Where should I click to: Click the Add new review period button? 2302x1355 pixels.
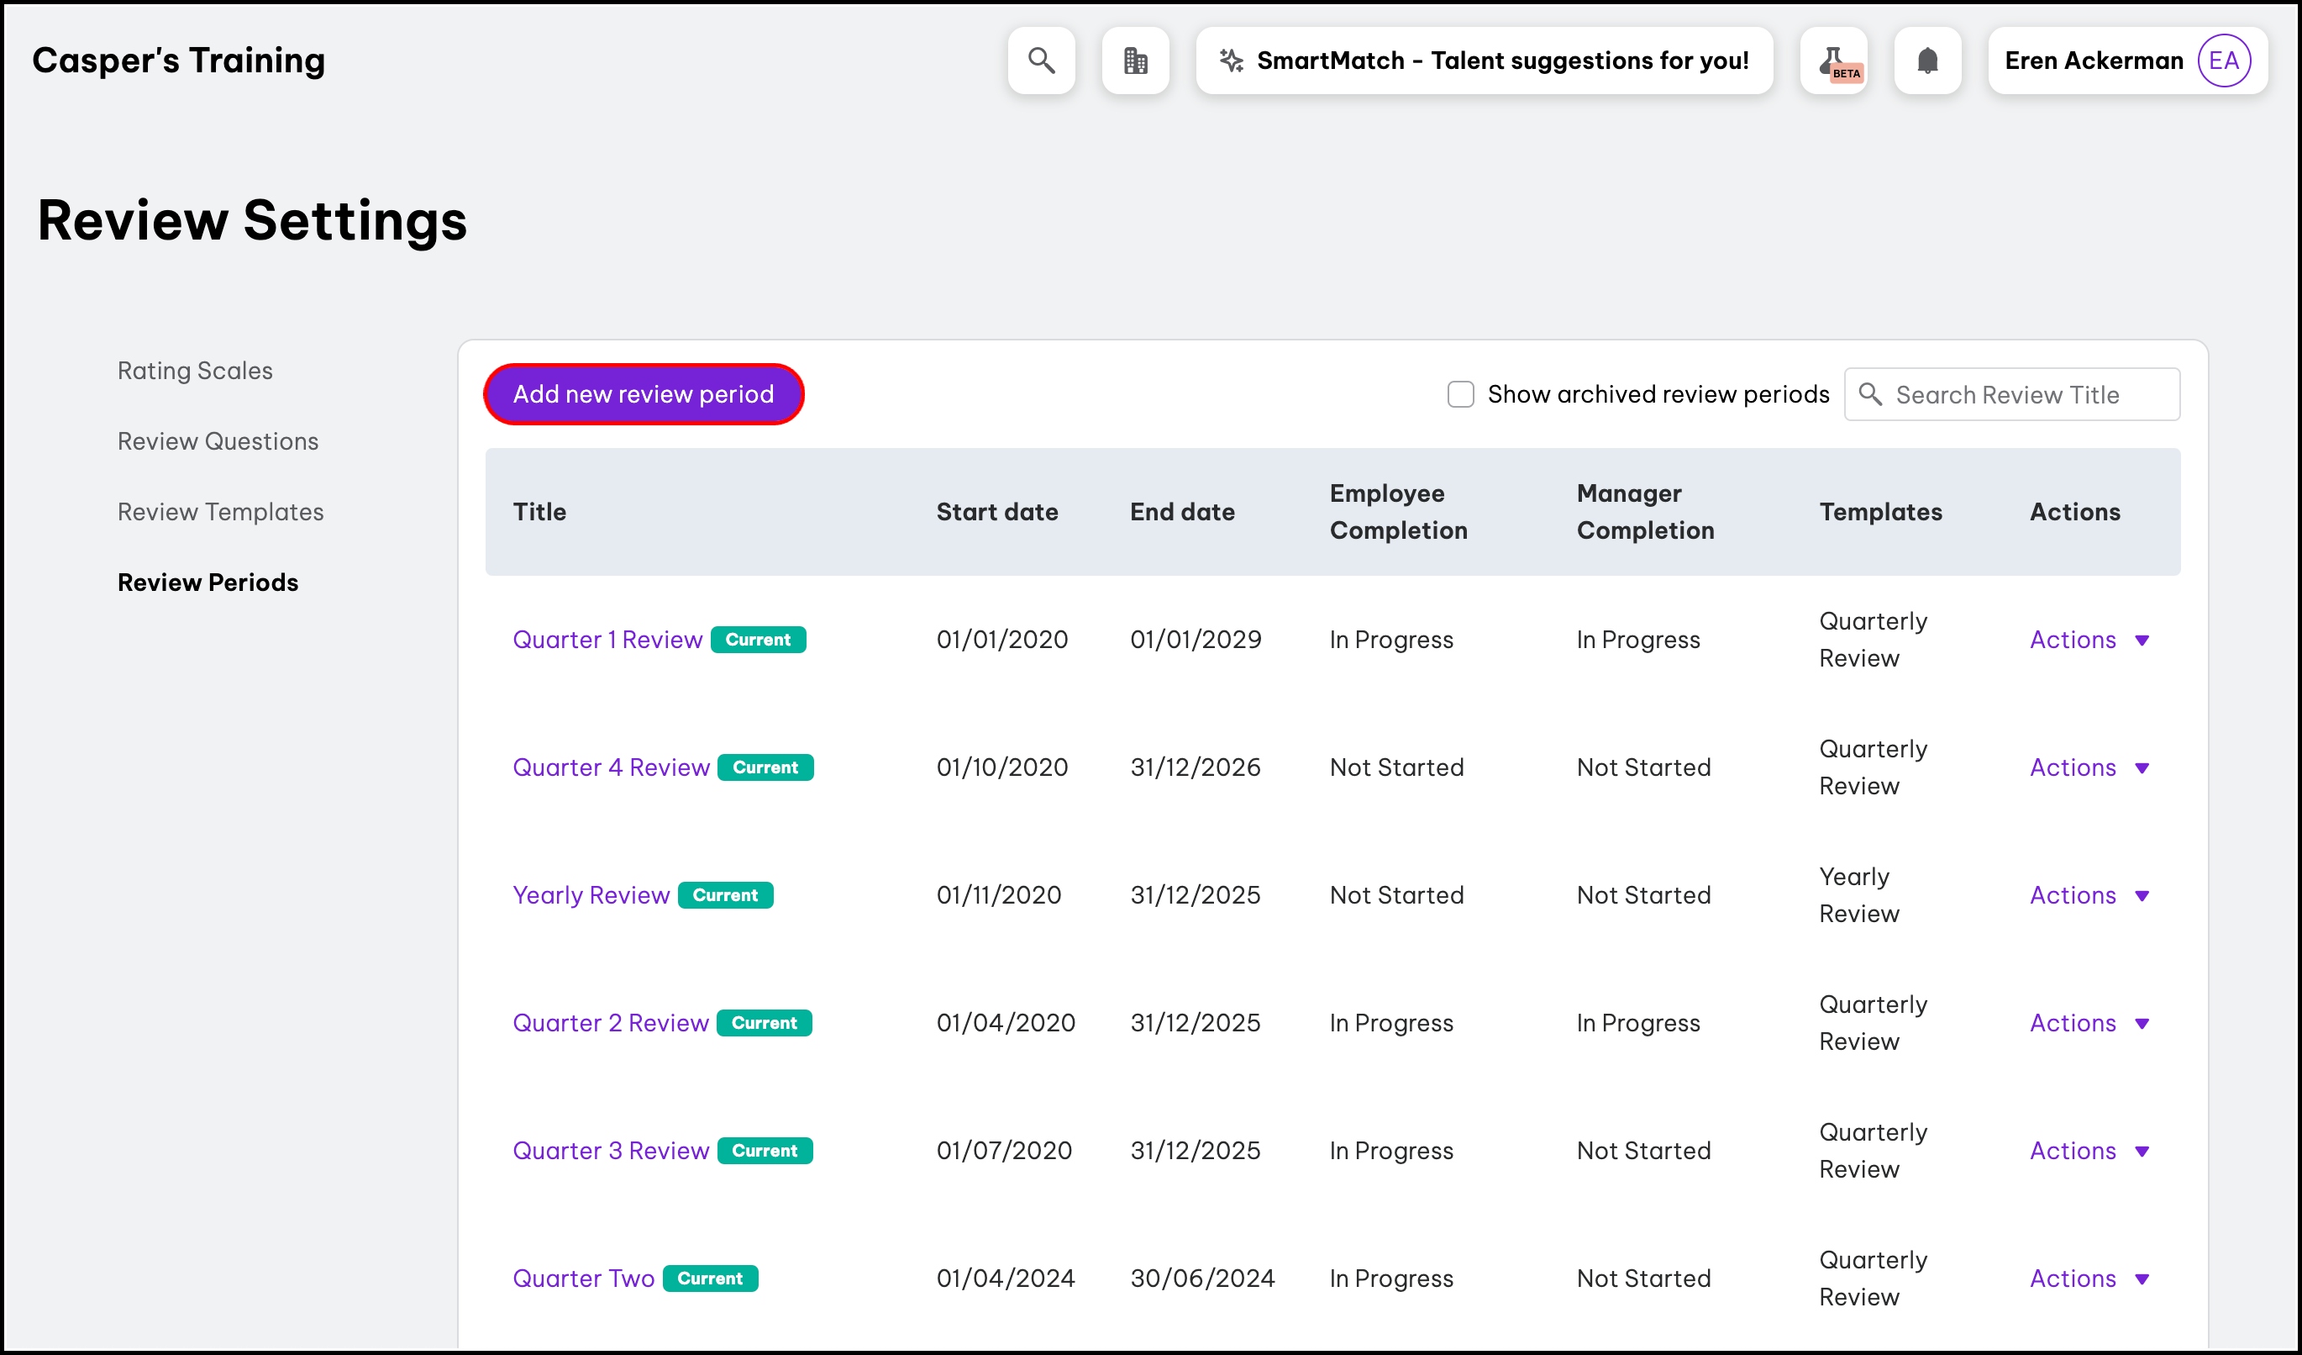click(x=643, y=393)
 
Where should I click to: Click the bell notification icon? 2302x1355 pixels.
click(x=1926, y=61)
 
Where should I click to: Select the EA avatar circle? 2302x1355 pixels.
click(x=2222, y=61)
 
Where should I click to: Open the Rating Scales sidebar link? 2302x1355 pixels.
click(x=195, y=370)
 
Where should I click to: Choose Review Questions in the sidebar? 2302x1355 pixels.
click(x=218, y=441)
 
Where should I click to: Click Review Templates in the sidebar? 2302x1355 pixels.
click(x=220, y=512)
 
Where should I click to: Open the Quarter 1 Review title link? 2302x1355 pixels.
click(x=607, y=640)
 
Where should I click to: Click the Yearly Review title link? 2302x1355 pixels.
click(x=590, y=895)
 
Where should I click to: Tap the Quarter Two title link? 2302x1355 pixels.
click(x=583, y=1279)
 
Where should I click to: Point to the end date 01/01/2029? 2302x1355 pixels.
click(x=1195, y=640)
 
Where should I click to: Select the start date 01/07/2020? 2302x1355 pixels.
click(x=1003, y=1151)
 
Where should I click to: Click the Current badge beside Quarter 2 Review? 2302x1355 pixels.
click(x=764, y=1023)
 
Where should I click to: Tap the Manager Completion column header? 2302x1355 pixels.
click(x=1644, y=512)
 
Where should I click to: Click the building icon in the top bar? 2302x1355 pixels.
click(x=1134, y=61)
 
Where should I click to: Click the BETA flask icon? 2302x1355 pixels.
click(x=1833, y=61)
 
